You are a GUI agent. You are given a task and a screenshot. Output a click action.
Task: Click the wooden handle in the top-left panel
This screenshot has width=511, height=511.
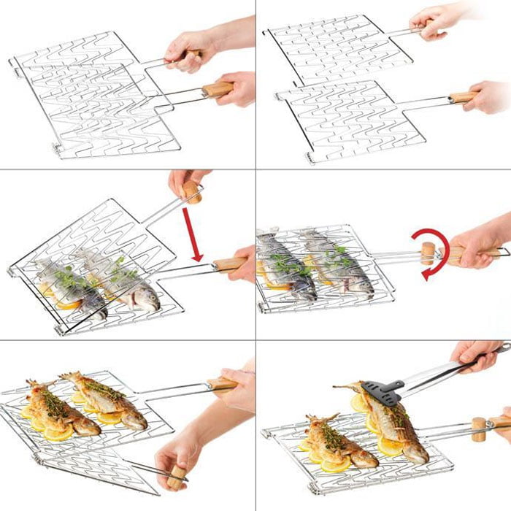(217, 90)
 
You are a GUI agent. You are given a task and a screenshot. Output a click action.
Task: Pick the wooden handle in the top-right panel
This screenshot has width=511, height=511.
(461, 96)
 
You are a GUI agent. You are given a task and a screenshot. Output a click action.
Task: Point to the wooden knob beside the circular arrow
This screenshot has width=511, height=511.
(427, 253)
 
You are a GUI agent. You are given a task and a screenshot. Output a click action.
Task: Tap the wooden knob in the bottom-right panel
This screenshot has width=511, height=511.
(479, 429)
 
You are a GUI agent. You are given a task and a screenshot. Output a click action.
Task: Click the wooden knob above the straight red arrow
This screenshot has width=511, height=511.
(193, 191)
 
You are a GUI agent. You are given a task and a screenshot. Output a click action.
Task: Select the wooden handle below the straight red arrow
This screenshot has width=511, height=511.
(231, 264)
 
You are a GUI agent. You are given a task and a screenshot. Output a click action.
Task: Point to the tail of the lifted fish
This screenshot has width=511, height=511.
(343, 387)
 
